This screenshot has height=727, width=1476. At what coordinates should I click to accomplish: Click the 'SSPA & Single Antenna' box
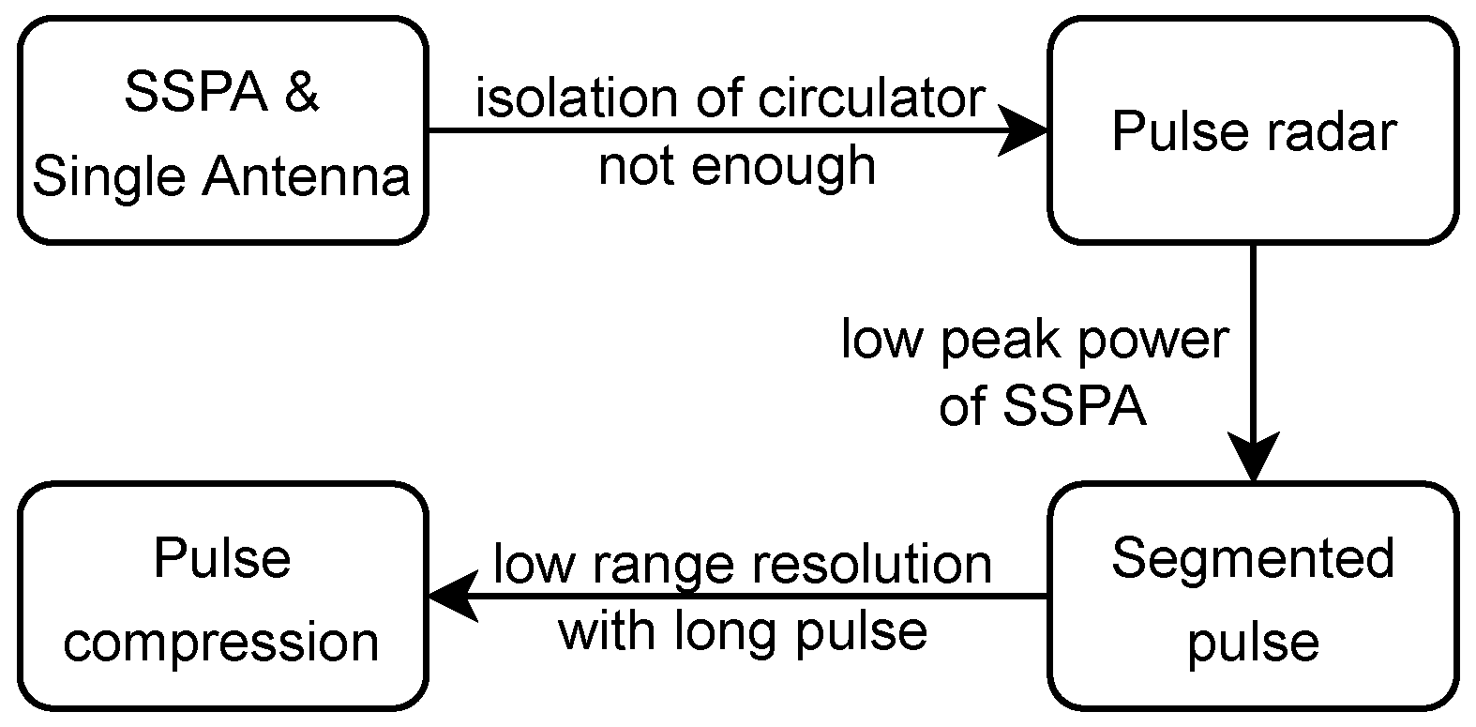point(222,131)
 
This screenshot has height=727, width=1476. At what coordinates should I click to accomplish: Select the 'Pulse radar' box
point(1253,131)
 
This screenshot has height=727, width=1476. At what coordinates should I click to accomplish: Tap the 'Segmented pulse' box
point(1253,597)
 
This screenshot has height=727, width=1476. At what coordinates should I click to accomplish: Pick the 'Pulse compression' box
point(222,597)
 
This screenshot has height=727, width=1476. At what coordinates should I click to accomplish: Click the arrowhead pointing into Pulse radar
point(1024,130)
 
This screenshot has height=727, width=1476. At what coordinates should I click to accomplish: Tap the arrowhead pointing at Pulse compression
point(452,597)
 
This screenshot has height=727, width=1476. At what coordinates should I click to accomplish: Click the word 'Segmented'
point(1253,560)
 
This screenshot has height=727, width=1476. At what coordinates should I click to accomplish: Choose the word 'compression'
point(221,644)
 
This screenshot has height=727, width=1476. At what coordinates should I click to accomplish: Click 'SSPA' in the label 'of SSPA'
point(1075,407)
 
